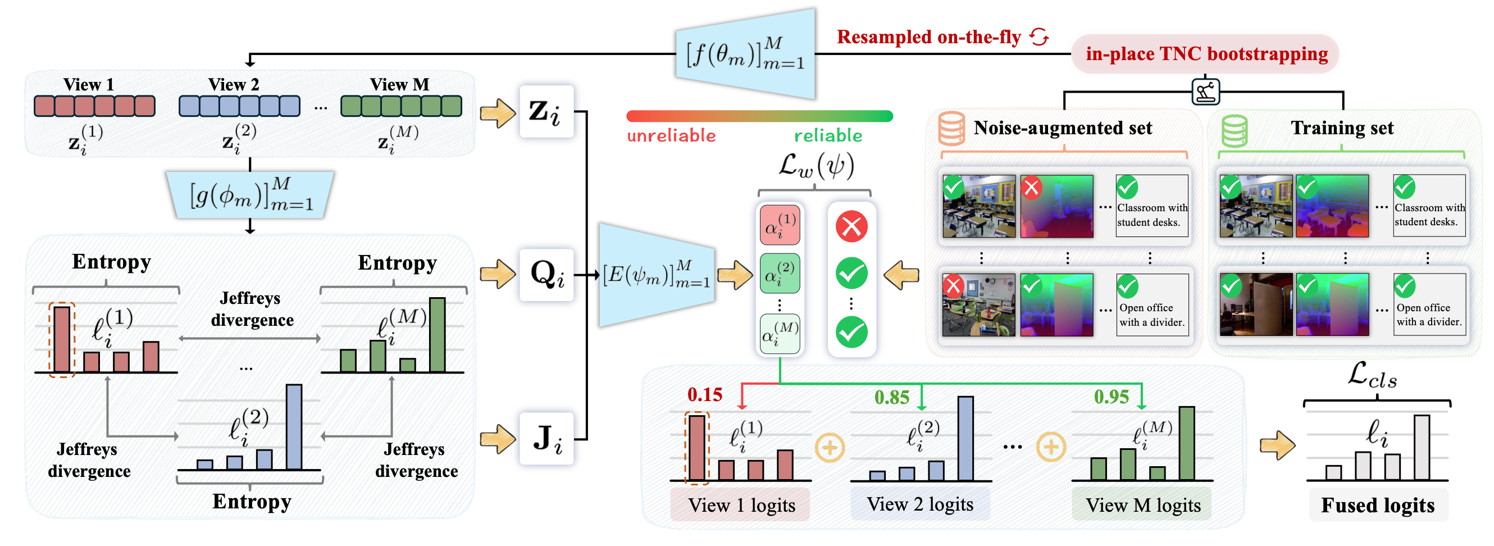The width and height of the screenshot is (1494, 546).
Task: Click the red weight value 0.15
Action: tap(704, 394)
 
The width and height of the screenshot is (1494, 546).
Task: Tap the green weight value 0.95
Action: tap(1110, 397)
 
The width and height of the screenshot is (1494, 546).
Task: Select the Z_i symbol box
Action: tap(546, 111)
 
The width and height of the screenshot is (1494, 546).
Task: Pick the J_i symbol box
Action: tap(546, 439)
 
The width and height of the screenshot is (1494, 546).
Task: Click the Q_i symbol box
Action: tap(546, 275)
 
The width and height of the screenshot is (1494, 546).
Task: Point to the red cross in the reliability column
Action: tap(851, 226)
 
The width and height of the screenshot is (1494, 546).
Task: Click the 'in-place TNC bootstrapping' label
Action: tap(1206, 54)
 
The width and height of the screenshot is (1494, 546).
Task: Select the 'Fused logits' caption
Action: tap(1377, 505)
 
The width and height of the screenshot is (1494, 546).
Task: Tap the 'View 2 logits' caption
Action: tap(919, 504)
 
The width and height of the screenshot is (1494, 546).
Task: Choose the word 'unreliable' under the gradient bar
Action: tap(671, 136)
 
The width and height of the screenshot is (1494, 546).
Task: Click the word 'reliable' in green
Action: tap(828, 136)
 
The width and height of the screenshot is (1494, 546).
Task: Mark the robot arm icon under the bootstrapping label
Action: tap(1206, 91)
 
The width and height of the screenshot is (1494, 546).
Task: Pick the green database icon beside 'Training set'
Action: tap(1234, 130)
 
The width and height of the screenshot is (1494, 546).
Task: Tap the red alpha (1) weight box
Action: tap(780, 226)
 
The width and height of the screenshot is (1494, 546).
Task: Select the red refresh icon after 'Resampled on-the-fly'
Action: tap(1038, 37)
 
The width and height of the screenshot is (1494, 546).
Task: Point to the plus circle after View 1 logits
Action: tap(830, 447)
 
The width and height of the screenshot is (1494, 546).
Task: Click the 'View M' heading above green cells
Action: tap(399, 85)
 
